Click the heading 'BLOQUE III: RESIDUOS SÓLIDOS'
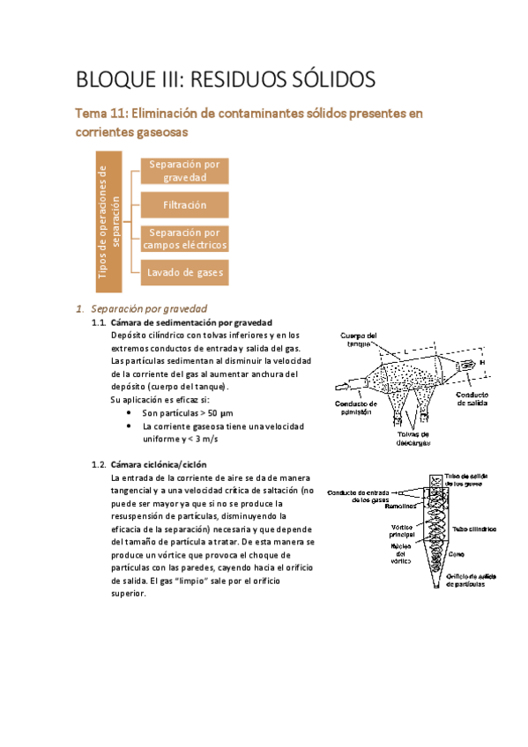(x=226, y=79)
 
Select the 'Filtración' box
(x=184, y=205)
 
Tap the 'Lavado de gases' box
(x=184, y=272)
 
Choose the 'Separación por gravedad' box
(x=184, y=171)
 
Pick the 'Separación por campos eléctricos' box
(x=184, y=239)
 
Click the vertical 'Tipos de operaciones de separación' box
(x=108, y=221)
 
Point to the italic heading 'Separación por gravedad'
(x=149, y=308)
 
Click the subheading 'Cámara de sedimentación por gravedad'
(x=191, y=322)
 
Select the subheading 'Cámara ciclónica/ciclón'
(x=159, y=464)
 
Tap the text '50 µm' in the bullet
(x=220, y=413)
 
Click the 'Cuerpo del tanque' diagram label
(x=359, y=340)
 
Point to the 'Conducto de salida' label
(x=472, y=399)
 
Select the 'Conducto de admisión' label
(x=356, y=408)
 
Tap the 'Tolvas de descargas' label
(x=413, y=439)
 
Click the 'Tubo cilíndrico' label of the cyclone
(x=474, y=529)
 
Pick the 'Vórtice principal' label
(x=402, y=531)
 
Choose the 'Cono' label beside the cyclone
(x=456, y=555)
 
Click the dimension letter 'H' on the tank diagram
(x=482, y=363)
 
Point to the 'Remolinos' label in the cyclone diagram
(x=400, y=507)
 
